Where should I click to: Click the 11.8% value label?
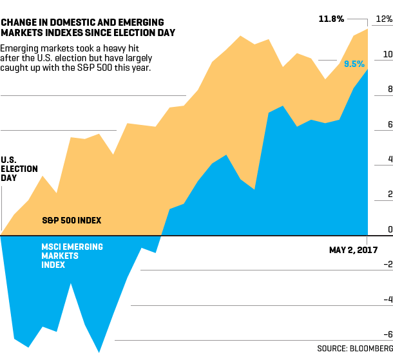click(x=332, y=19)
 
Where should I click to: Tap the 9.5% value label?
click(x=354, y=64)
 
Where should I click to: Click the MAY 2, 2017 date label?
click(x=353, y=249)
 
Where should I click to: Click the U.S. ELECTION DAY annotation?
click(x=19, y=168)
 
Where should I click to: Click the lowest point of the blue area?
click(x=99, y=352)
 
